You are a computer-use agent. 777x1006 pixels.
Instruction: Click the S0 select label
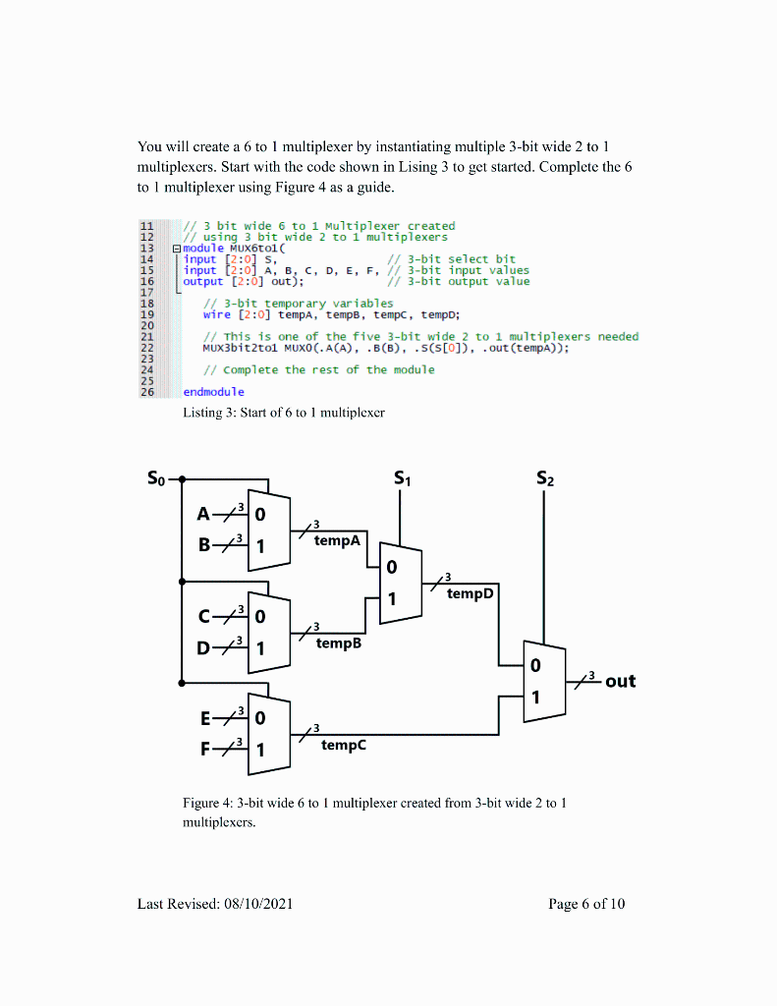157,479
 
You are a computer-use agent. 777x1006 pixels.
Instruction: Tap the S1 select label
402,479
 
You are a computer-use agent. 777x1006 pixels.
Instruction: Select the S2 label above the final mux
545,479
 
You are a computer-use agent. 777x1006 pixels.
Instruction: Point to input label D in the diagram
203,648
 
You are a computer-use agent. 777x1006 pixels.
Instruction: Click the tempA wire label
337,540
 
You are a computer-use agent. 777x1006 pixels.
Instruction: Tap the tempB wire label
337,643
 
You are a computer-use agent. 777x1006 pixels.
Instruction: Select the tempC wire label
343,746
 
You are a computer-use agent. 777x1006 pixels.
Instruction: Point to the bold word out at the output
620,681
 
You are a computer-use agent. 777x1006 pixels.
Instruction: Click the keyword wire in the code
217,314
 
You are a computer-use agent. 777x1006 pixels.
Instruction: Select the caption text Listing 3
210,413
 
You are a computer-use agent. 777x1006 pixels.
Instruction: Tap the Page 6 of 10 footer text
586,904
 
